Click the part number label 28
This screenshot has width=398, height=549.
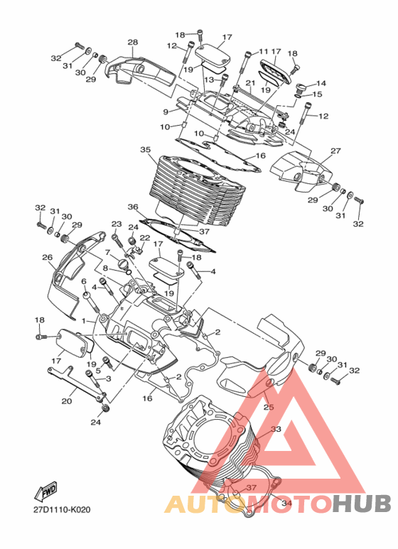coord(133,43)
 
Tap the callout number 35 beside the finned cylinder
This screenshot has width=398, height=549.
coord(146,150)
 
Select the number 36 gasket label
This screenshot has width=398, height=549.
coord(133,207)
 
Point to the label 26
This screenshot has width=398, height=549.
coord(48,257)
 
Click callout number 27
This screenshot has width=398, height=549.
coord(335,151)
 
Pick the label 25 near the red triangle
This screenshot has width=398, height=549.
coord(269,407)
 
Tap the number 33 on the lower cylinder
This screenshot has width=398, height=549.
coord(276,429)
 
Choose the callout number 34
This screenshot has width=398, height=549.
coord(286,503)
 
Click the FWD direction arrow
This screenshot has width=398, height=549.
coord(45,491)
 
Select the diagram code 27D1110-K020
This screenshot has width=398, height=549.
coord(62,509)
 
